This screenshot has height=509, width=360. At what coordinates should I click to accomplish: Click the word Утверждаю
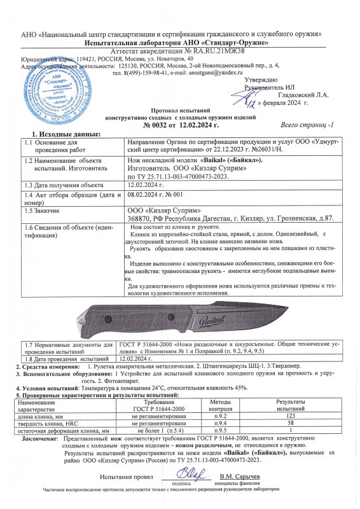(260, 80)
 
